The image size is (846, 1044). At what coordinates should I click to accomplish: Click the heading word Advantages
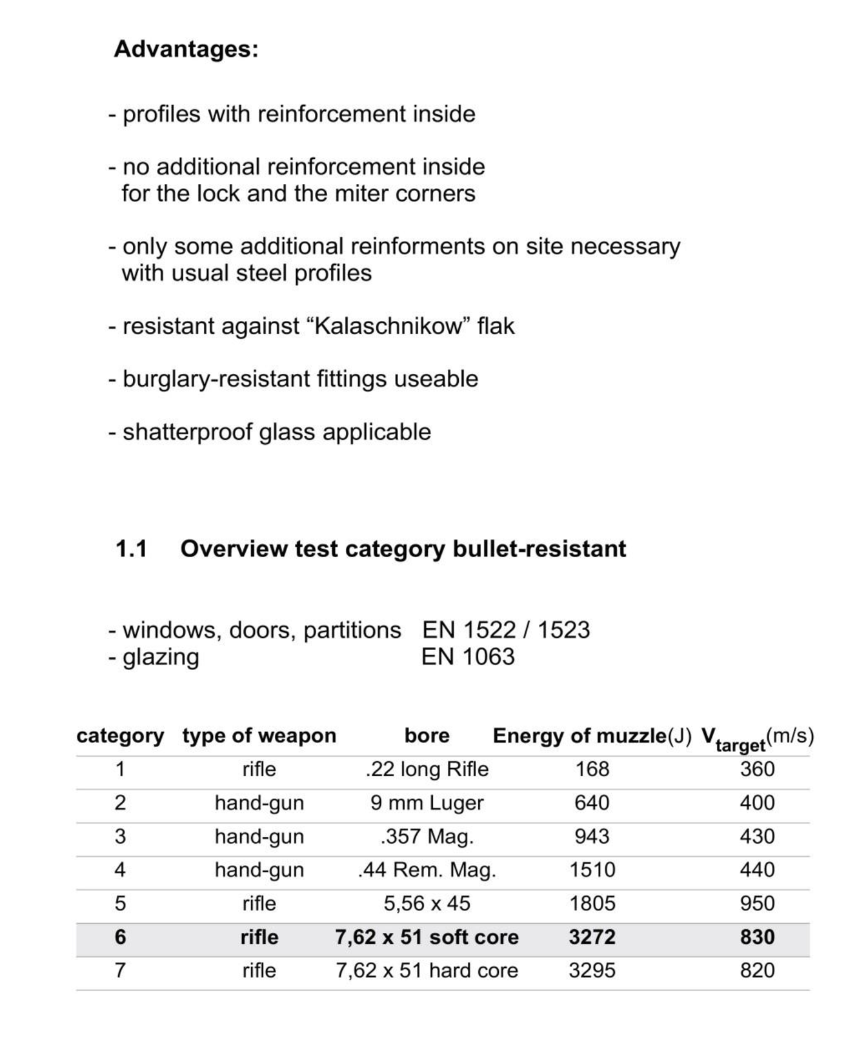pos(186,49)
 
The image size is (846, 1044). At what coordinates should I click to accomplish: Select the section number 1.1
pos(131,549)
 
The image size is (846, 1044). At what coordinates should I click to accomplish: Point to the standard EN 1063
pos(468,657)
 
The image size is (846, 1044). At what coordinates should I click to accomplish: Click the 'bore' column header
pos(427,735)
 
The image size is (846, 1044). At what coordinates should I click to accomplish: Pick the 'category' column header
pos(120,735)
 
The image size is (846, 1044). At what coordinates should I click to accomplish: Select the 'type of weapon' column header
pos(259,735)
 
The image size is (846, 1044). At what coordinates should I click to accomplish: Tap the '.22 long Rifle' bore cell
pos(427,769)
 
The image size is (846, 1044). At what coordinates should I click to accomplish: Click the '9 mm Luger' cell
pos(427,803)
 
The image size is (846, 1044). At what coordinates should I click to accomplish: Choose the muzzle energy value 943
pos(592,836)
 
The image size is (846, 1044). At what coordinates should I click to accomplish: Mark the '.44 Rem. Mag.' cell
pos(427,870)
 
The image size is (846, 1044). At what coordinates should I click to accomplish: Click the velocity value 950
pos(757,903)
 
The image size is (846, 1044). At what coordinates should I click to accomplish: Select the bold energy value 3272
pos(592,937)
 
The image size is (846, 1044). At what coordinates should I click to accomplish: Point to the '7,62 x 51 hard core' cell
pos(427,970)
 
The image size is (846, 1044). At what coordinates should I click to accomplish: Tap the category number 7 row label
pos(120,970)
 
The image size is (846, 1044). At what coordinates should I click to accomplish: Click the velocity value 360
pos(757,769)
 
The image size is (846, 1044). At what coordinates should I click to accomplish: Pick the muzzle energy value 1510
pos(592,870)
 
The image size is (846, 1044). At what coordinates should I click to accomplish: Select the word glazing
pos(161,657)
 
